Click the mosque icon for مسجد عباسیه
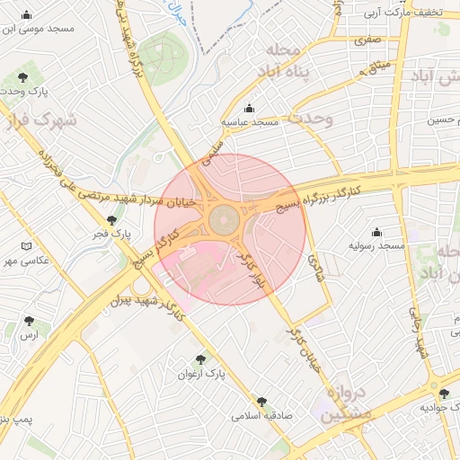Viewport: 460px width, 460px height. click(250, 108)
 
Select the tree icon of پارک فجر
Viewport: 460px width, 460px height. click(111, 220)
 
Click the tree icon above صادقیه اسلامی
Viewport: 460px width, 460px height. click(261, 402)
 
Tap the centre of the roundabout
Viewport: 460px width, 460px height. click(224, 220)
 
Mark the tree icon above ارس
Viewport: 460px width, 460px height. click(30, 320)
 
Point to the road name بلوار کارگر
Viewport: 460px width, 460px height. click(249, 270)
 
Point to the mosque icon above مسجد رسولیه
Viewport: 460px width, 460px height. click(376, 232)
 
